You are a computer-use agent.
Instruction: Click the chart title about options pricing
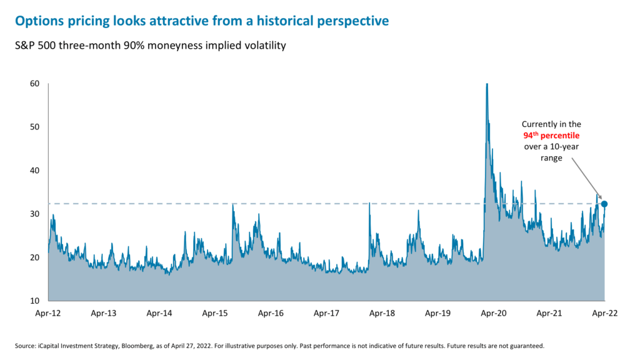(201, 21)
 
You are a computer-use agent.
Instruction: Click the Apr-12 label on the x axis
(48, 314)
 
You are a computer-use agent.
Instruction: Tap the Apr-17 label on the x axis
(326, 314)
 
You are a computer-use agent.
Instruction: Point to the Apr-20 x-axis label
(493, 314)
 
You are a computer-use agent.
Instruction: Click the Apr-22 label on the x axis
(604, 314)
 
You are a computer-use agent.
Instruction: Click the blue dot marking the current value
(604, 204)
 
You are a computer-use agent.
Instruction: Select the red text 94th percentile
(552, 136)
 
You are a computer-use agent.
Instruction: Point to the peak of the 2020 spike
(486, 85)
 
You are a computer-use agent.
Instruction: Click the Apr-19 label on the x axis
(437, 314)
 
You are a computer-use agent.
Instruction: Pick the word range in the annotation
(552, 158)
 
